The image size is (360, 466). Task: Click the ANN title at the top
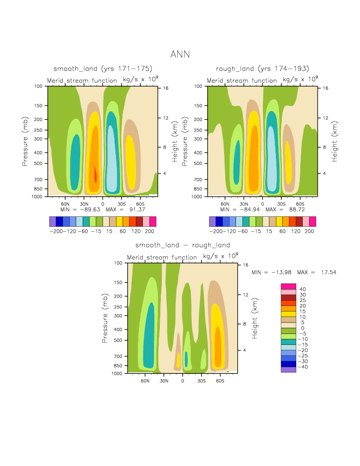point(180,54)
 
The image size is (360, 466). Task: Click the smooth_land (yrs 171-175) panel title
point(103,68)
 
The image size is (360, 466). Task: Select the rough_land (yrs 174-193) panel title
point(262,68)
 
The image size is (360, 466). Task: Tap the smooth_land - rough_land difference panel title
point(183,245)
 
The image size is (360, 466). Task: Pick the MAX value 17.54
point(327,273)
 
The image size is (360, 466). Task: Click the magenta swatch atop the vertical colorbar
point(289,286)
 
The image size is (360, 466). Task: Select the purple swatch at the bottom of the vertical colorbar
point(289,370)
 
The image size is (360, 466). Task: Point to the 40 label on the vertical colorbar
point(302,289)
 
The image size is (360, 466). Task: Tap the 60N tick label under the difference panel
point(145,381)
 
